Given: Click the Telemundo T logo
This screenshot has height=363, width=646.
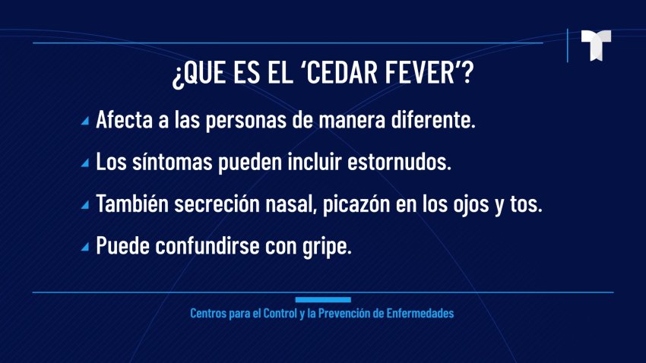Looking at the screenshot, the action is [x=596, y=46].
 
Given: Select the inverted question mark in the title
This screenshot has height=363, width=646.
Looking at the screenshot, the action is [x=177, y=75].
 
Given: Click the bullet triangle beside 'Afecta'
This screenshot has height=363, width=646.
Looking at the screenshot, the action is [x=85, y=121].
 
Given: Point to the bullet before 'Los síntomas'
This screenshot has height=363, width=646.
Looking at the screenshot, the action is [x=85, y=163].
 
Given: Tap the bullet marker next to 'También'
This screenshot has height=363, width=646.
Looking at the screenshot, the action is [x=85, y=204].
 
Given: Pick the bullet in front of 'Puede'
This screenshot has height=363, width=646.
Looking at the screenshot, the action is [x=85, y=247].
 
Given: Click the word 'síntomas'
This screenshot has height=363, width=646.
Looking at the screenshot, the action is [x=173, y=162].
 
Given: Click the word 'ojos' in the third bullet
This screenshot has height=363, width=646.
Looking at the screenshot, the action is [x=471, y=205].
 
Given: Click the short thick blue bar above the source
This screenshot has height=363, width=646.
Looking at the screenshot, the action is [x=323, y=300].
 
